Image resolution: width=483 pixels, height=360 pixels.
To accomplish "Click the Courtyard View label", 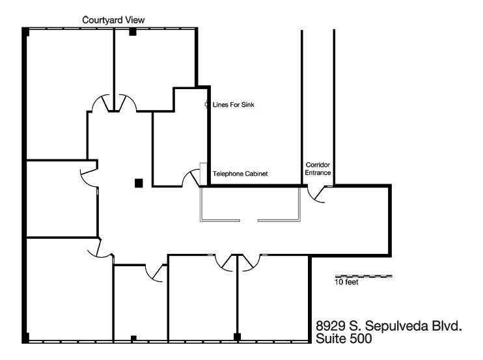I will (113, 21).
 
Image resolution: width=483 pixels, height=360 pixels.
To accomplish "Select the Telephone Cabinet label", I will (241, 174).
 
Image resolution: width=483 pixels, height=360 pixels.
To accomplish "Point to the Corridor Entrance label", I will (319, 169).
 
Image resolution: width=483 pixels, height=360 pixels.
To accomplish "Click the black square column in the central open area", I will (138, 183).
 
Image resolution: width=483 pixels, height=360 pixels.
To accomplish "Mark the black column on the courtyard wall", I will (132, 32).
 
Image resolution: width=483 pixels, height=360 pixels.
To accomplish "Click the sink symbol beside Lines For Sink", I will (207, 104).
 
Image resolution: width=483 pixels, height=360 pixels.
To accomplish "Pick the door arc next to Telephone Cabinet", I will (191, 178).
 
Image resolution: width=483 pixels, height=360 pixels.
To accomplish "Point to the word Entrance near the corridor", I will (319, 174).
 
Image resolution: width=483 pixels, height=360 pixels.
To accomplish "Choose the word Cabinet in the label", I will (256, 174).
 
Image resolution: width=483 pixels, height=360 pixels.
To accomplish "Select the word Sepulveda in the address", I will (394, 326).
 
